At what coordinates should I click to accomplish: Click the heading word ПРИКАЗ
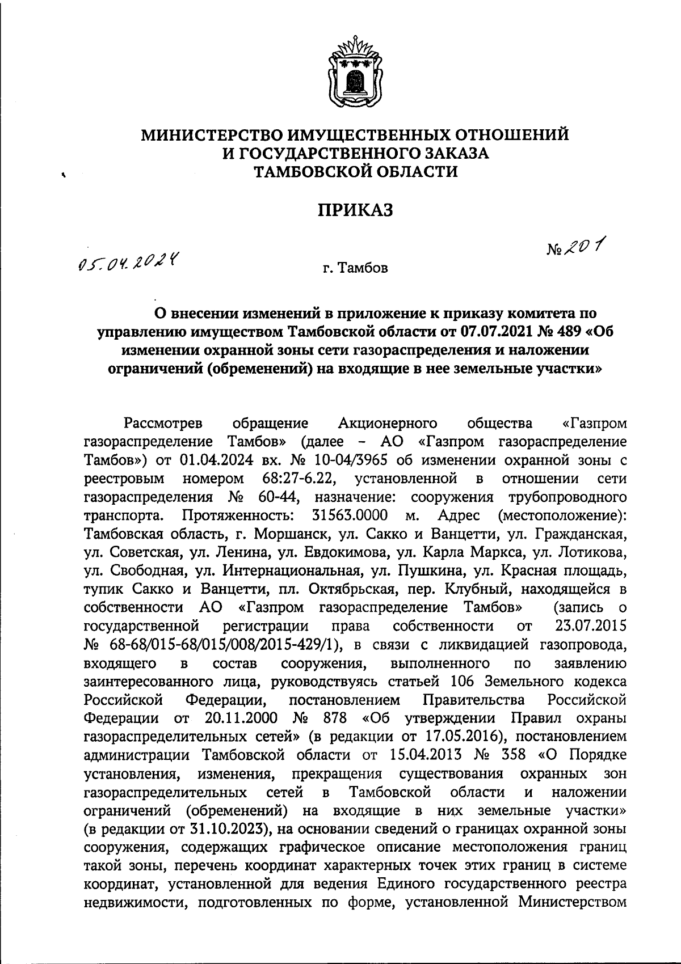coord(355,210)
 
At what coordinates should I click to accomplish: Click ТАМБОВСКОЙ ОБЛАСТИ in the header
coord(355,171)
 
